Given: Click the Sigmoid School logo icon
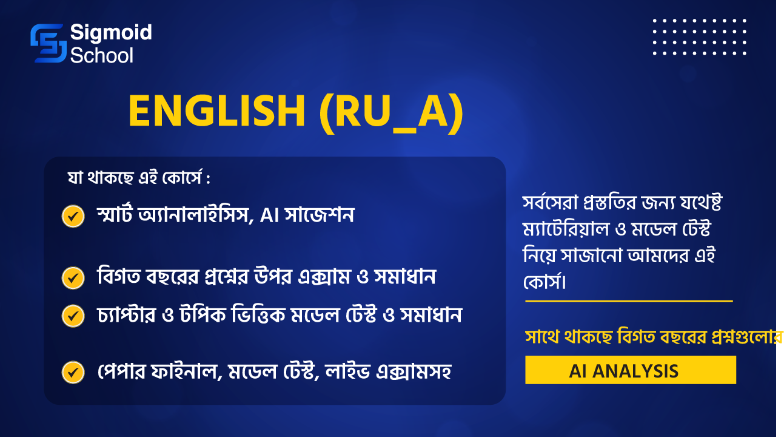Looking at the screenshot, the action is coord(49,43).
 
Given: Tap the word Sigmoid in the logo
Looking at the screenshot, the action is coord(111,33).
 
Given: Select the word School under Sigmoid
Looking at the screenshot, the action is coord(102,55).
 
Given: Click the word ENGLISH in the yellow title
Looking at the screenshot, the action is coord(217,111).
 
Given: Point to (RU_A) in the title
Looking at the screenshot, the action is coord(391,113).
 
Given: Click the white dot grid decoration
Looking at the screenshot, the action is coord(700,37).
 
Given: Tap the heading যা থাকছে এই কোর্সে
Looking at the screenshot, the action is coord(139,177).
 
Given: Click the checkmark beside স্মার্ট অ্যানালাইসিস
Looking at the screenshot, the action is coord(73,216).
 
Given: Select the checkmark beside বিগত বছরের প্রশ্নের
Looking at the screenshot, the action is coord(73,278).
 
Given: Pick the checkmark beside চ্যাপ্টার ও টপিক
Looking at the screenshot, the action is coord(73,316).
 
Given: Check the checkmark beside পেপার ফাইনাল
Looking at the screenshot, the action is coord(73,372).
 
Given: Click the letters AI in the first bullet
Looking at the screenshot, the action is coord(269,215).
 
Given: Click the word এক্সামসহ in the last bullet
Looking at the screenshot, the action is coord(414,371).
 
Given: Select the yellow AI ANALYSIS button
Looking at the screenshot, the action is coord(631,370).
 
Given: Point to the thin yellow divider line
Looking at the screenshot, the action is coord(629,301).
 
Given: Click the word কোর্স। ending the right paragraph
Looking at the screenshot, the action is coord(544,282).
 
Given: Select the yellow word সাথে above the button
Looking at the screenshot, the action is coord(541,337).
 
